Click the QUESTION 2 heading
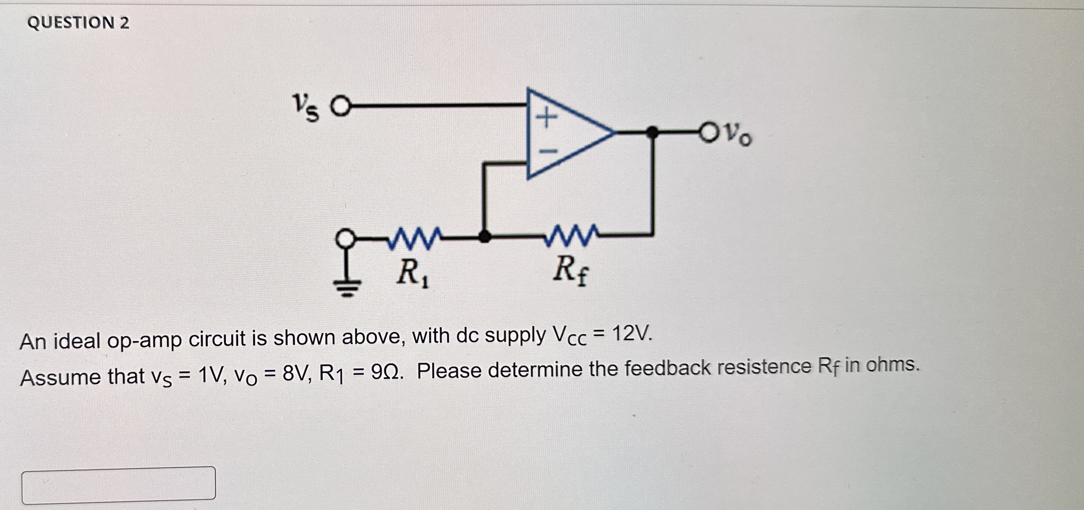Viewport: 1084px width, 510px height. (x=78, y=23)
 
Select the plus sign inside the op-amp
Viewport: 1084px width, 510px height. (x=546, y=117)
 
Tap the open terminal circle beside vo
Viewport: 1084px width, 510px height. (x=709, y=133)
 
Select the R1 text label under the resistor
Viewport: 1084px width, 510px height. (x=413, y=273)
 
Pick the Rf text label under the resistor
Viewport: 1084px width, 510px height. (x=570, y=271)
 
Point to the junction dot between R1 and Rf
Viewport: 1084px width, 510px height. (x=485, y=237)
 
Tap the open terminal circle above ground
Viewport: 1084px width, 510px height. (x=345, y=239)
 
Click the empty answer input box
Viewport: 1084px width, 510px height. (x=119, y=483)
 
